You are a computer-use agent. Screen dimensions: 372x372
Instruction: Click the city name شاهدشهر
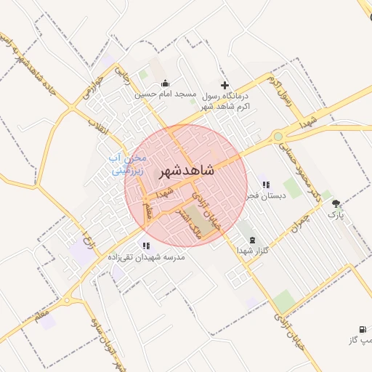pyautogui.click(x=186, y=169)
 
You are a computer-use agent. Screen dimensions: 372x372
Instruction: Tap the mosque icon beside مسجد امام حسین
pyautogui.click(x=165, y=83)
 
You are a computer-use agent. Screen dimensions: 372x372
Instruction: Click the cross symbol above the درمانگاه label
pyautogui.click(x=225, y=85)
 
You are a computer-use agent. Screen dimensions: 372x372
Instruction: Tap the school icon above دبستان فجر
pyautogui.click(x=265, y=185)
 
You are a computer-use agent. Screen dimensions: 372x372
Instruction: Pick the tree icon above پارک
pyautogui.click(x=336, y=204)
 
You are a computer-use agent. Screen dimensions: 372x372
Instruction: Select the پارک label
pyautogui.click(x=335, y=214)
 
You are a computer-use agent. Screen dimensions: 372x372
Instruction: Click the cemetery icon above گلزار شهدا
pyautogui.click(x=252, y=240)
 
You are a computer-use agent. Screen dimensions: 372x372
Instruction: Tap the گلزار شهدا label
pyautogui.click(x=251, y=250)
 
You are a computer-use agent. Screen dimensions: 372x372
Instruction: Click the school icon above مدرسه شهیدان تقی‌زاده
pyautogui.click(x=147, y=246)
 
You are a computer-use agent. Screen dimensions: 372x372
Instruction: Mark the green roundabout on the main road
pyautogui.click(x=278, y=136)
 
